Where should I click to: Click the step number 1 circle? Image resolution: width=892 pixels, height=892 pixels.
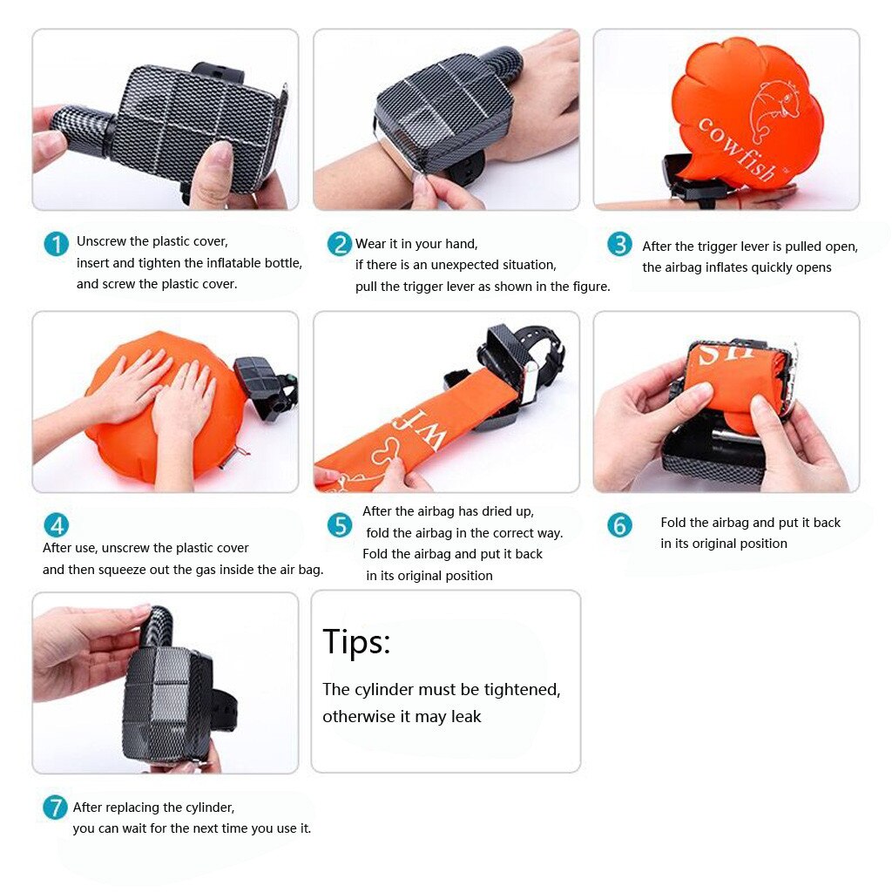click(56, 244)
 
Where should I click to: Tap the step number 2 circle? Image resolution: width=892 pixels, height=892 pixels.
click(340, 244)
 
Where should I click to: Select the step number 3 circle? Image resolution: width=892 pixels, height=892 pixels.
click(619, 245)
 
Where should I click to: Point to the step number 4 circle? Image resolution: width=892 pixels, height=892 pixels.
click(56, 525)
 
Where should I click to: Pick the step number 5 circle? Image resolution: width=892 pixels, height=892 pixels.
click(340, 525)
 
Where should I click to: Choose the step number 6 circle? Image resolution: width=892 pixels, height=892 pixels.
click(619, 525)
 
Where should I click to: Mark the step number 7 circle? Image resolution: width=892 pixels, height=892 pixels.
click(55, 808)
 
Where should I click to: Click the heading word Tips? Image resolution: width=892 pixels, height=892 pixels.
click(356, 642)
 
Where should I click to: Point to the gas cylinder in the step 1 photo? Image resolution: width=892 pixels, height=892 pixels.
click(80, 127)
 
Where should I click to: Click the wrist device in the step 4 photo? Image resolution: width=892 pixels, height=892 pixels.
click(266, 383)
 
